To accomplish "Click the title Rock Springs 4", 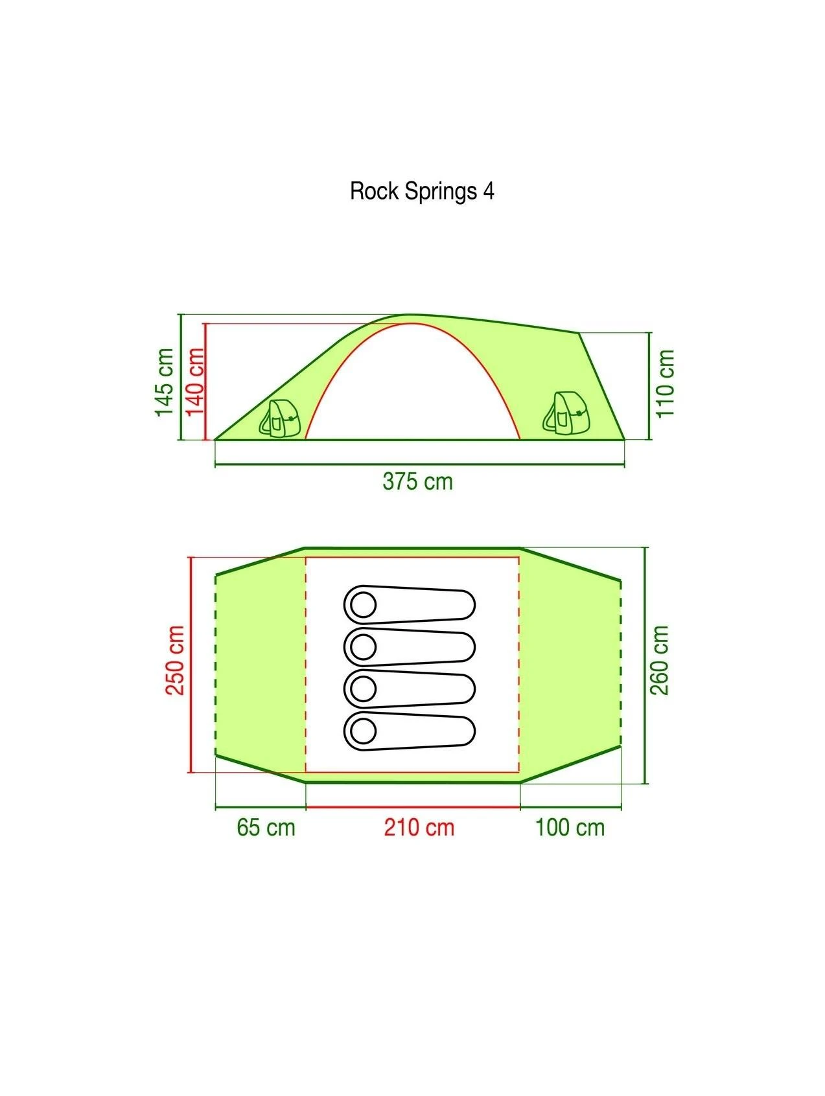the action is [422, 192].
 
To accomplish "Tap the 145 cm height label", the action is [165, 382].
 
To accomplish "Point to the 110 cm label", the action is [666, 384].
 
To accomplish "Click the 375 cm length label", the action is [417, 482].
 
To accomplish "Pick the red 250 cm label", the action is [175, 659].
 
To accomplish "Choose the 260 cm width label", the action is [659, 659].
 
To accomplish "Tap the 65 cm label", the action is [266, 828].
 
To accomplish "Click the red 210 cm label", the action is [419, 828].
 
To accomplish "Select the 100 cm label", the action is [570, 828].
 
